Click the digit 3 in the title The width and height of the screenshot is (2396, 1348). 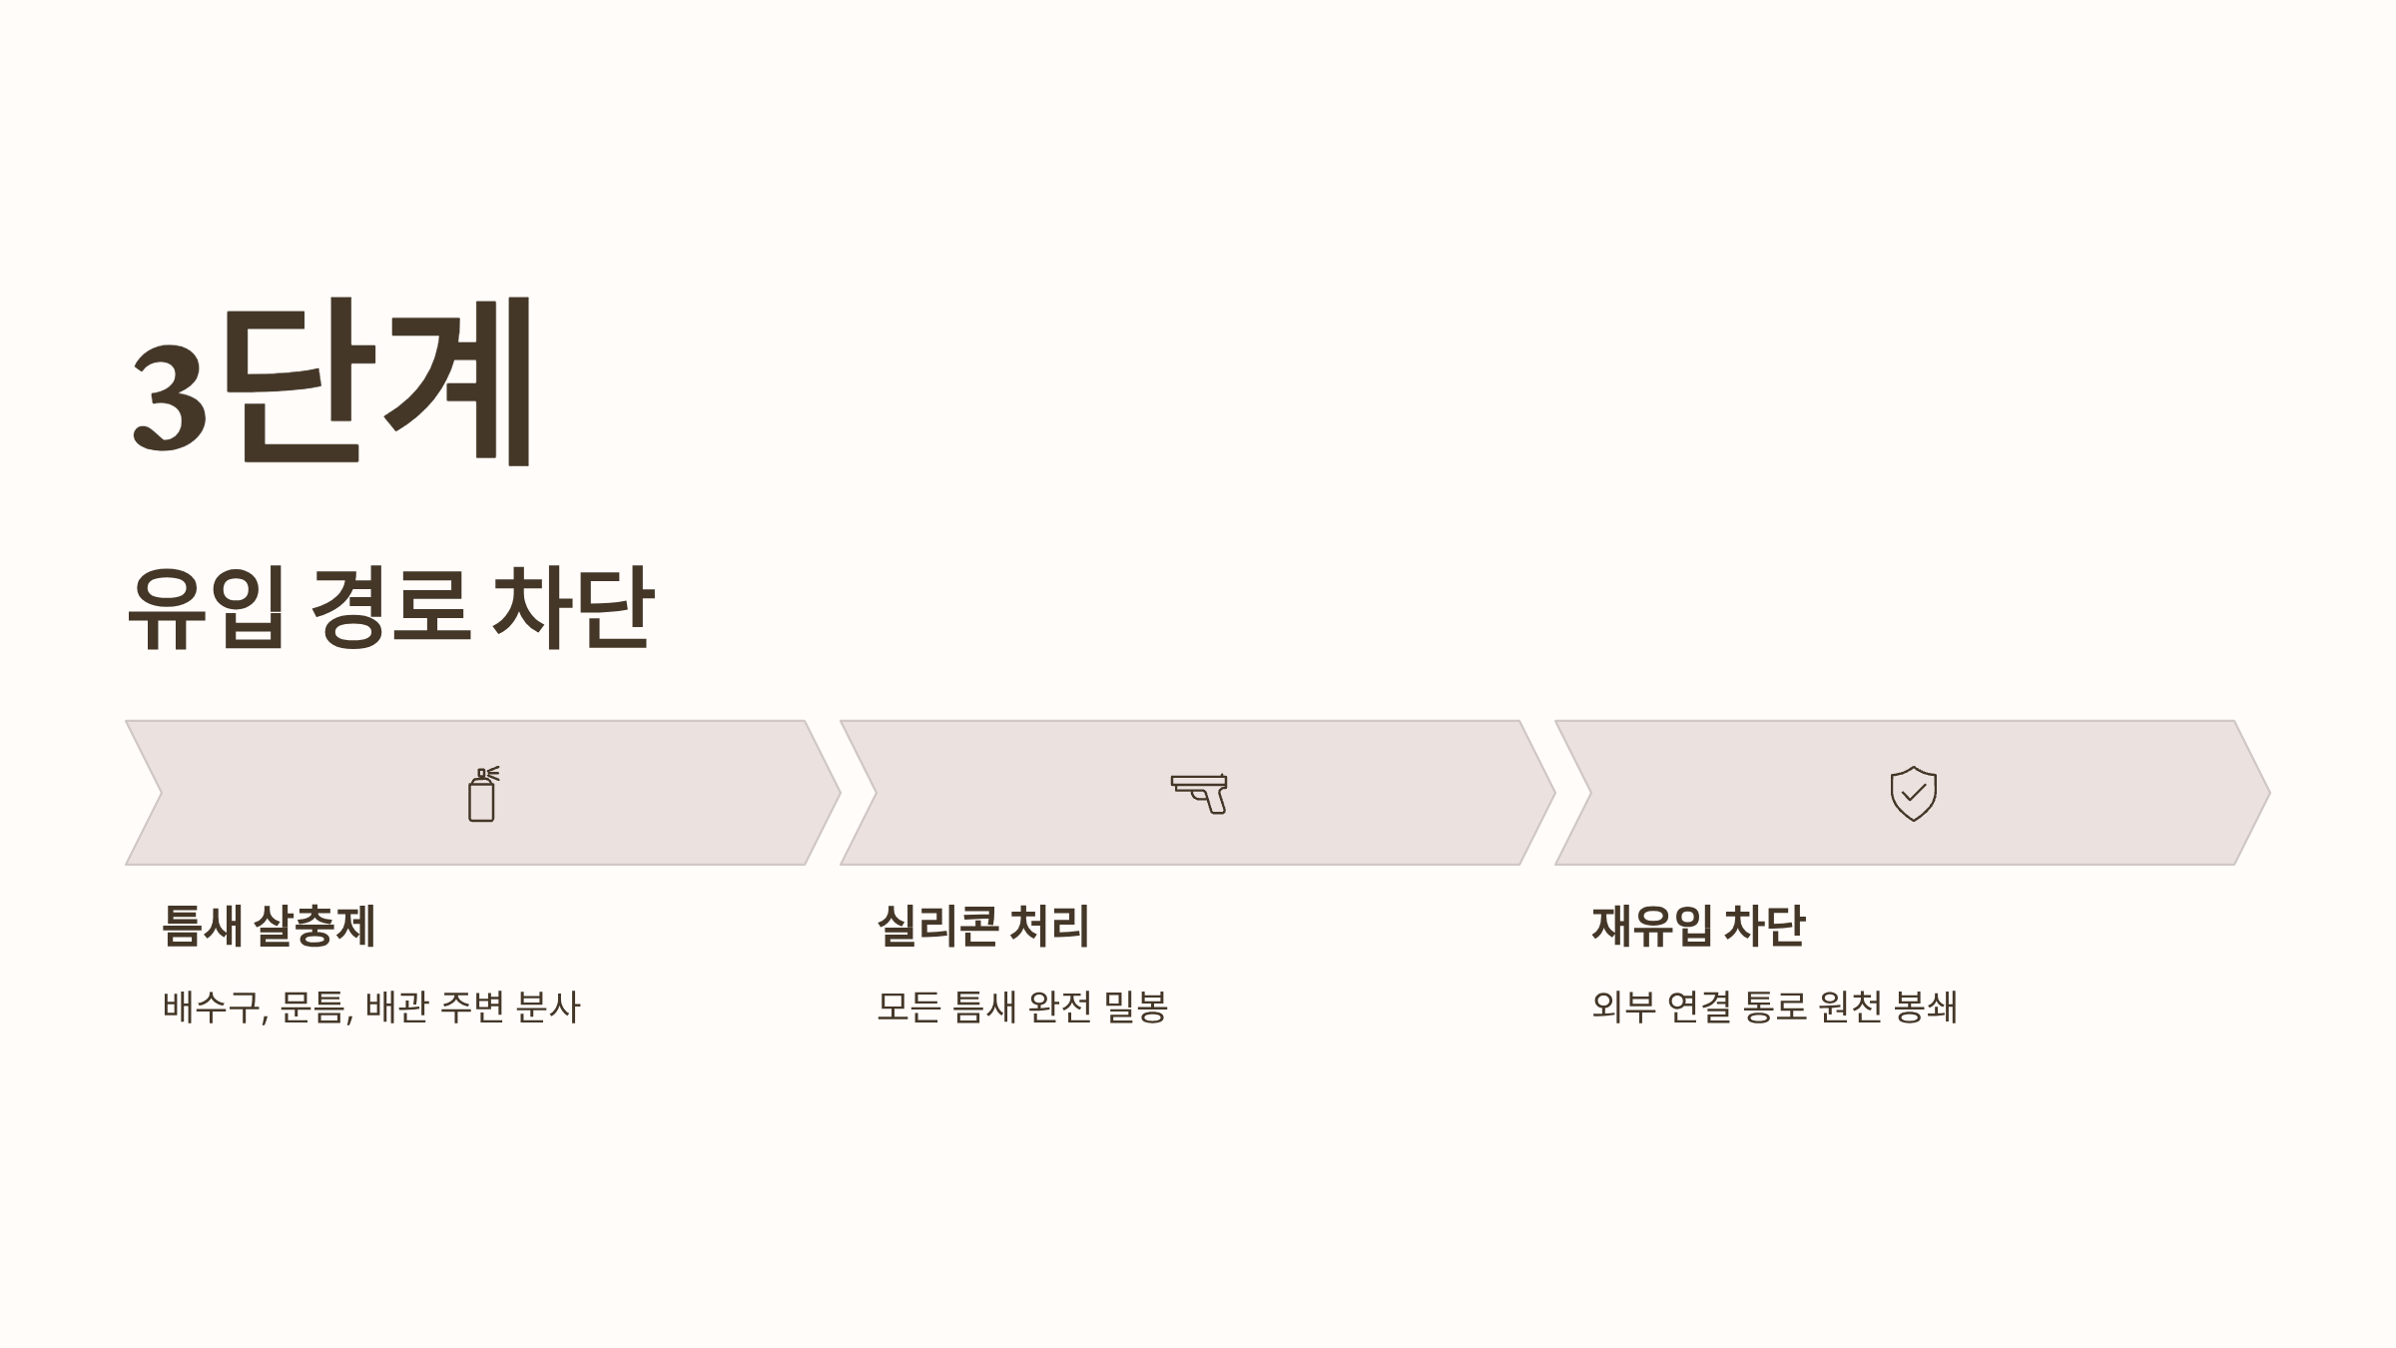coord(170,394)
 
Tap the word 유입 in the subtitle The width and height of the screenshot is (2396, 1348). coord(207,607)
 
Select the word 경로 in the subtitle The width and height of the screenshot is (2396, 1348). coord(389,607)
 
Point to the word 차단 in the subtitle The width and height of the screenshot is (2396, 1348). coord(573,607)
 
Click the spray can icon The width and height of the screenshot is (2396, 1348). coord(483,795)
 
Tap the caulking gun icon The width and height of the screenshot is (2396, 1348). coord(1199,794)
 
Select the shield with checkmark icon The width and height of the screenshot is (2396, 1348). coord(1913,794)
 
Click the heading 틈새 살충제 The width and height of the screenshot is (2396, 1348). coord(269,926)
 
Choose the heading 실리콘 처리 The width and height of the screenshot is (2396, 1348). coord(982,926)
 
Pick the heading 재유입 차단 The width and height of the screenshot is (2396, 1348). coord(1698,926)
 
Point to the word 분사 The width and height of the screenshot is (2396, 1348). coord(548,1007)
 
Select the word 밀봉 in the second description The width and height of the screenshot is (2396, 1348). coord(1136,1007)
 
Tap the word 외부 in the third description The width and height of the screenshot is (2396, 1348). coord(1623,1007)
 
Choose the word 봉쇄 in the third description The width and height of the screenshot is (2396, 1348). coord(1926,1007)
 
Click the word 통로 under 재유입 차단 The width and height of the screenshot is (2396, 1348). coord(1775,1007)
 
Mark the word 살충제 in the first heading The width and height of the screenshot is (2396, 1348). coord(315,926)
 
